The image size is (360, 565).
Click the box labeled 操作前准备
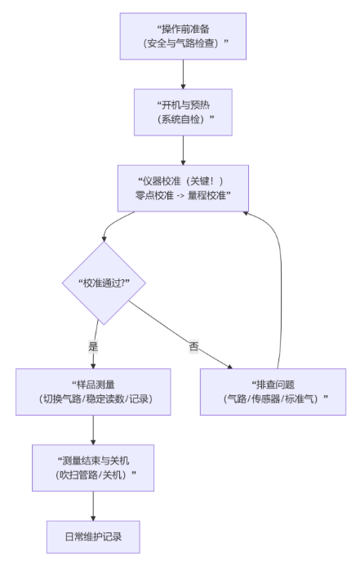[x=183, y=36]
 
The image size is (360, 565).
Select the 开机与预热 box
[x=183, y=112]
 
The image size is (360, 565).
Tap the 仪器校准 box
[x=183, y=189]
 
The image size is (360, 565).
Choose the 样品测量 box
[x=93, y=392]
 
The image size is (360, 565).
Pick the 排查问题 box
[x=273, y=392]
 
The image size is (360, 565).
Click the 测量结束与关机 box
[x=93, y=468]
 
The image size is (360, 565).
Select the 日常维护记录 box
[x=93, y=537]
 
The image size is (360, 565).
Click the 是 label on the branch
[x=94, y=346]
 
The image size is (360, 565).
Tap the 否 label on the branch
[x=194, y=346]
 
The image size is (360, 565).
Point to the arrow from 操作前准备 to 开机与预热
[x=183, y=73]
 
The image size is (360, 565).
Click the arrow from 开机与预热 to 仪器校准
[x=183, y=150]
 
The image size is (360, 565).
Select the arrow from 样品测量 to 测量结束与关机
[x=93, y=429]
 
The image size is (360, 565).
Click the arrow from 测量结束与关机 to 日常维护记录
[x=93, y=505]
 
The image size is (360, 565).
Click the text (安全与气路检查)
[x=183, y=43]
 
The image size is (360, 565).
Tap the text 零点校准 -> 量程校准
[x=183, y=196]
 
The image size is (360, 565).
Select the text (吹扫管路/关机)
[x=93, y=475]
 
